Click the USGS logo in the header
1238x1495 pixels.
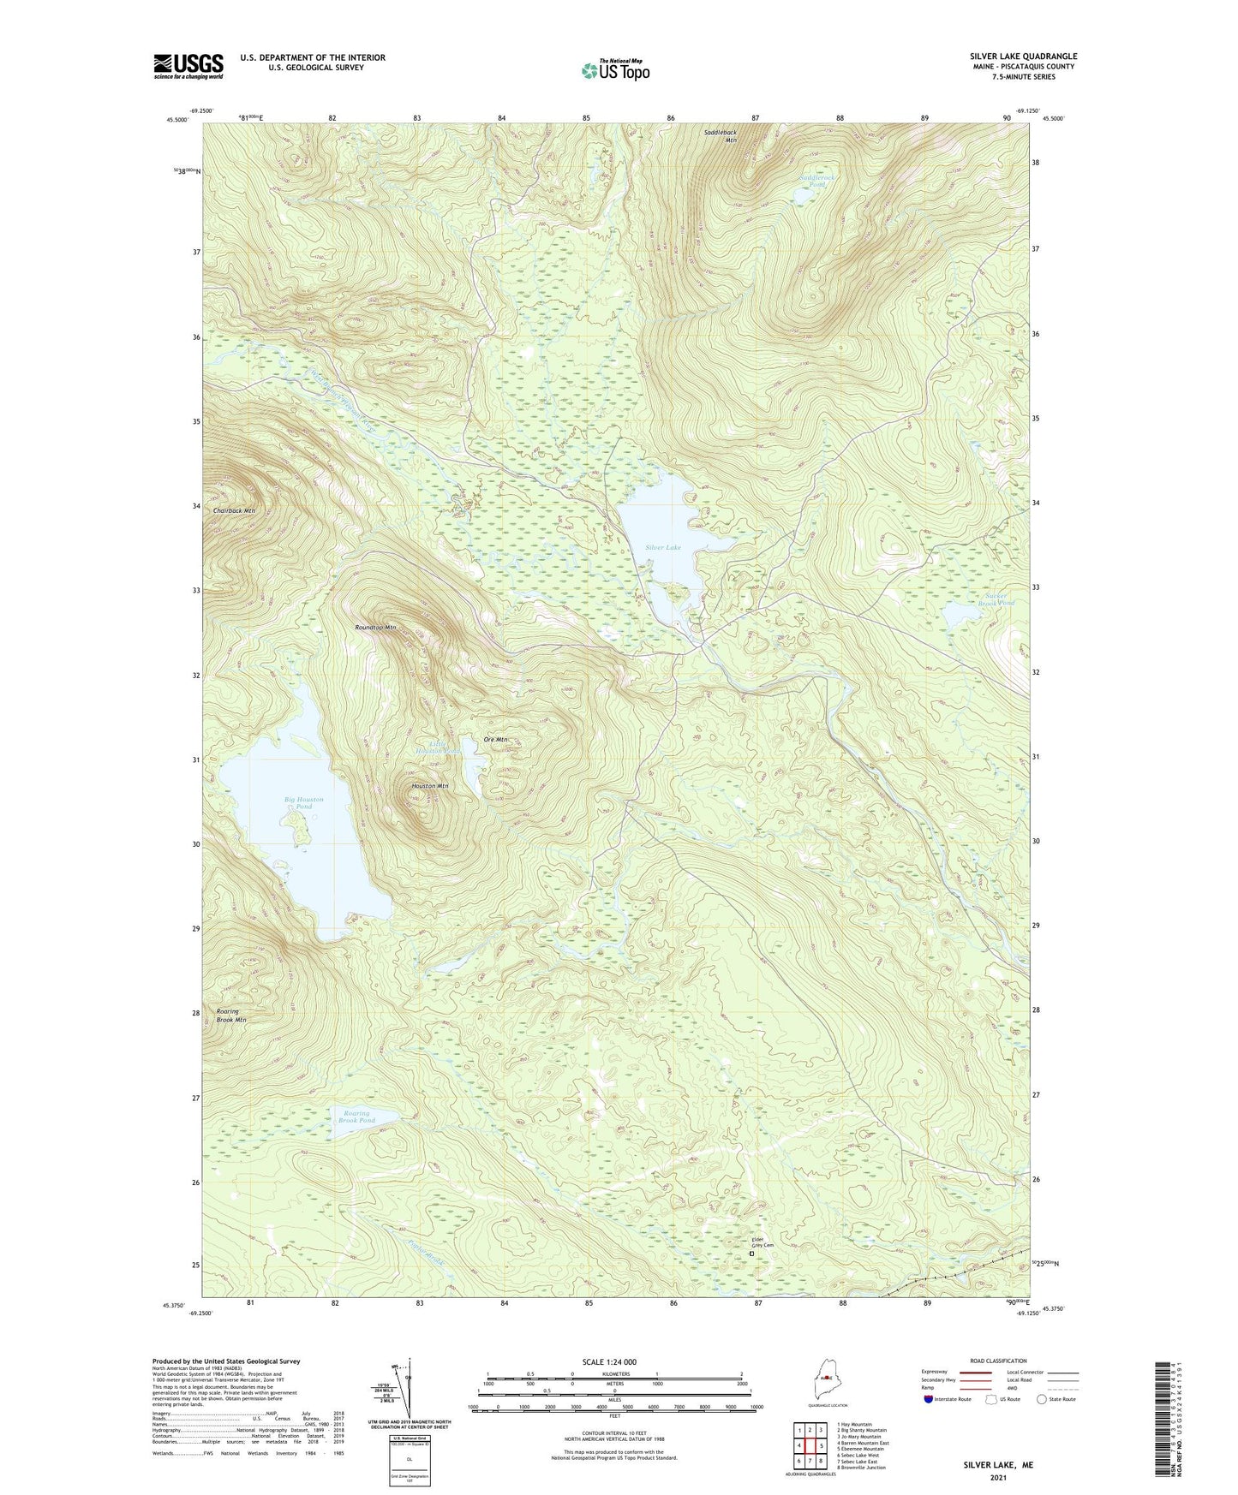click(188, 66)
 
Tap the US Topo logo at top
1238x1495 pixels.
click(614, 70)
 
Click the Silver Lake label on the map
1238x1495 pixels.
click(663, 546)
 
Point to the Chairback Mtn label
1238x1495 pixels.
click(234, 510)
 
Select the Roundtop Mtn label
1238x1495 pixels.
click(375, 628)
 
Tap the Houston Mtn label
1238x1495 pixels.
click(430, 785)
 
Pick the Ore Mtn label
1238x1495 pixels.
click(495, 739)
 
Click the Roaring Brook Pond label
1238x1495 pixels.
click(356, 1117)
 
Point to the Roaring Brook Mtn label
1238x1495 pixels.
click(230, 1016)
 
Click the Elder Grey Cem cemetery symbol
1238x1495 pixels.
click(751, 1254)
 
